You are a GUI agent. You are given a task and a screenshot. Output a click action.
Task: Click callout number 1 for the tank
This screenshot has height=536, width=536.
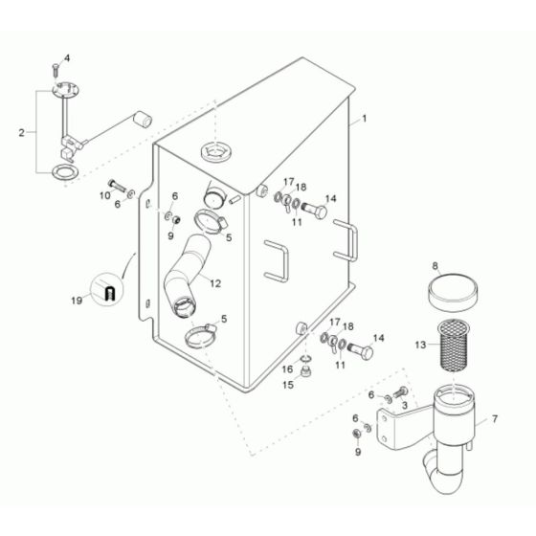[364, 120]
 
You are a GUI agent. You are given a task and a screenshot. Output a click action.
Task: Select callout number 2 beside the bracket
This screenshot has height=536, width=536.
[21, 131]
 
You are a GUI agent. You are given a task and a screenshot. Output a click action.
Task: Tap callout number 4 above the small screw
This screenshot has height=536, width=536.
[67, 57]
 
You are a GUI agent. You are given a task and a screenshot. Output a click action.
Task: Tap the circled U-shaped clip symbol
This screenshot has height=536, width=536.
[108, 289]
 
